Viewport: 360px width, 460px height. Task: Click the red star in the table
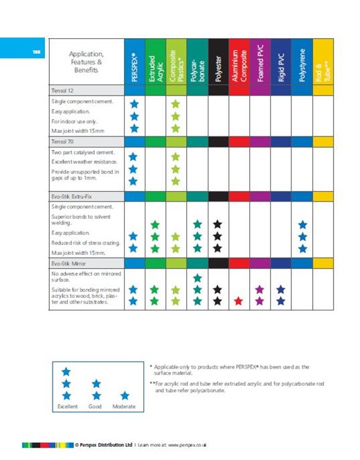pyautogui.click(x=239, y=301)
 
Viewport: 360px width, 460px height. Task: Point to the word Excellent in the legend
pyautogui.click(x=66, y=407)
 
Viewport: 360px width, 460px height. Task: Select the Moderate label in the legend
pyautogui.click(x=124, y=407)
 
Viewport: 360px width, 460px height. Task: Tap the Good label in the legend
pyautogui.click(x=96, y=407)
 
